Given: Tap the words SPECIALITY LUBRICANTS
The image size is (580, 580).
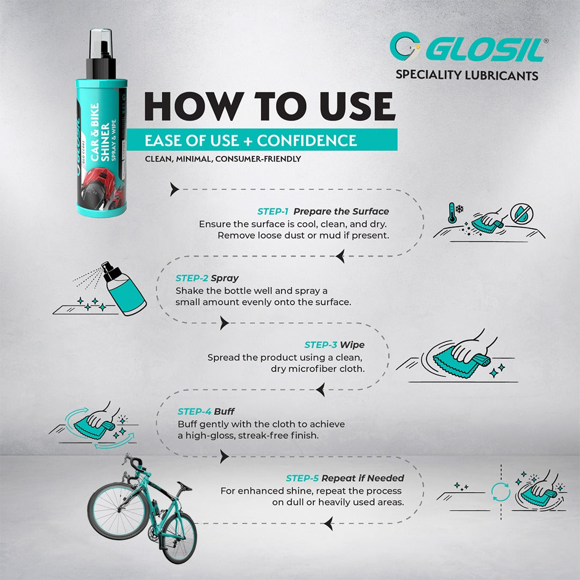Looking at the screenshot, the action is [467, 75].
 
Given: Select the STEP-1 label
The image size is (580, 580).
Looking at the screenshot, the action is [273, 212].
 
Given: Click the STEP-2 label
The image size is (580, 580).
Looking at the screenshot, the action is [192, 278].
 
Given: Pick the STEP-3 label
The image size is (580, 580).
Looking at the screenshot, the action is [321, 345].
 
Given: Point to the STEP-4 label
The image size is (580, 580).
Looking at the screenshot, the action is [194, 411].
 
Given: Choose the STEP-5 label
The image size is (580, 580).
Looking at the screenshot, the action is [302, 478].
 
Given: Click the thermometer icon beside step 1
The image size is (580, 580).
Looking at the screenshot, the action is [452, 213].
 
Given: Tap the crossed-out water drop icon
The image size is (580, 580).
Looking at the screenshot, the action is [521, 214].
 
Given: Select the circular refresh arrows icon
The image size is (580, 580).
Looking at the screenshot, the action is [501, 492].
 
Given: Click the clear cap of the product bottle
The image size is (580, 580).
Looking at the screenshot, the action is [100, 44].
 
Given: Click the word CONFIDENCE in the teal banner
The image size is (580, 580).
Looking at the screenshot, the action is [307, 141].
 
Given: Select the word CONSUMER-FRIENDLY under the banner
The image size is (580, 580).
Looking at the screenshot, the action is [258, 159].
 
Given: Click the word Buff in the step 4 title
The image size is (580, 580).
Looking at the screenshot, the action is [224, 411].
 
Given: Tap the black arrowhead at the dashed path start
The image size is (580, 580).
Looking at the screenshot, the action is [174, 189].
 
